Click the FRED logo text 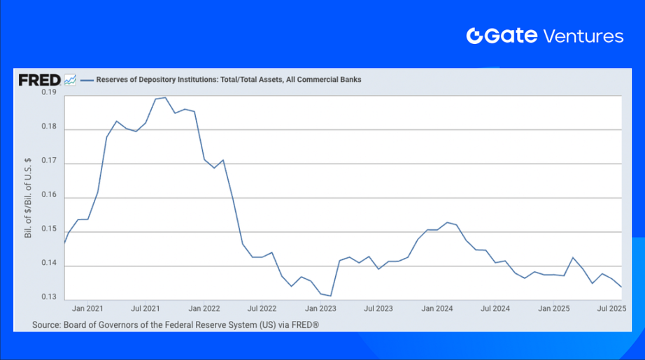click(39, 80)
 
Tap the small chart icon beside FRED click(70, 80)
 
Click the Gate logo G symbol click(475, 36)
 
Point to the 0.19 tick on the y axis click(48, 92)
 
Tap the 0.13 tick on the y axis click(48, 298)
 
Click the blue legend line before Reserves click(87, 80)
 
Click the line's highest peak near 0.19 click(164, 97)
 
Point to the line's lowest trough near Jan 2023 click(330, 296)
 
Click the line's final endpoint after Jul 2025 click(621, 287)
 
